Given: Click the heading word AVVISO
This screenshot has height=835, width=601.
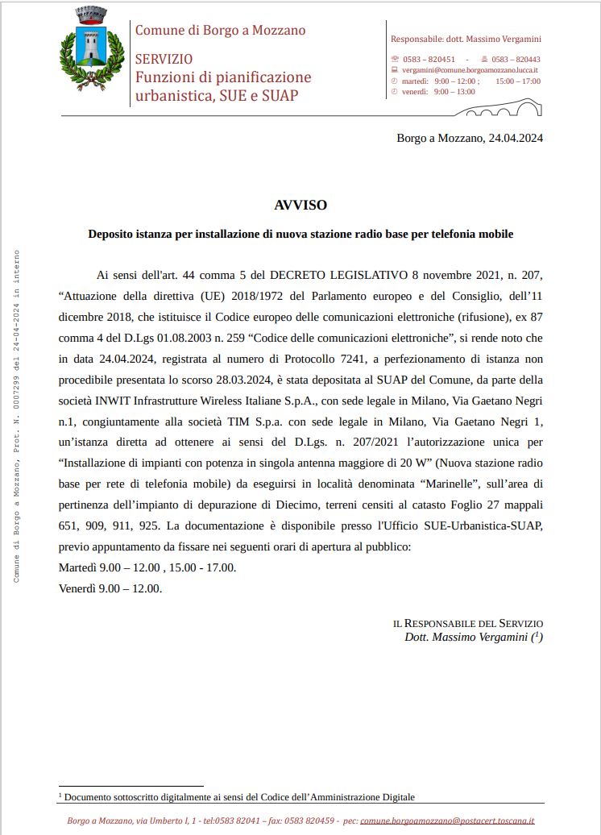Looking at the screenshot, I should click(x=300, y=206).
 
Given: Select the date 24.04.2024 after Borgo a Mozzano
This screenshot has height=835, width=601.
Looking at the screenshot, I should click(x=516, y=138).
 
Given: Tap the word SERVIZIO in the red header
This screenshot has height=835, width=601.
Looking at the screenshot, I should click(x=164, y=59).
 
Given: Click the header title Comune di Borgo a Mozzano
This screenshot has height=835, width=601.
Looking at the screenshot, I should click(x=220, y=31).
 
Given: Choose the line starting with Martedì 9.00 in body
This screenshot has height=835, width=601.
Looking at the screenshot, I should click(x=147, y=567).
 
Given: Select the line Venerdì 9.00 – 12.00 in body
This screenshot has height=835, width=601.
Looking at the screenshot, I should click(x=110, y=588).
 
